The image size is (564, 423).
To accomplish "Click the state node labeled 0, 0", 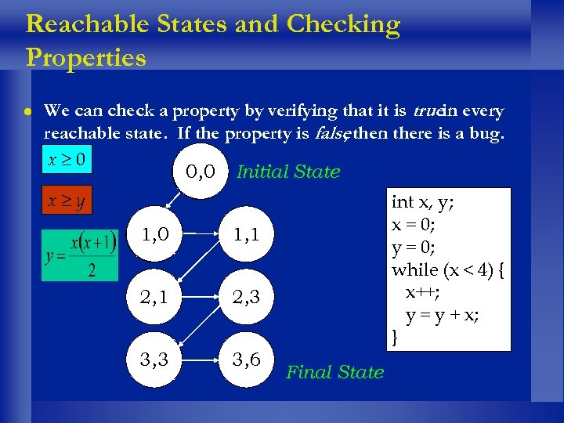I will click(x=200, y=172).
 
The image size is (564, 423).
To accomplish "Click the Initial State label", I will click(x=287, y=172).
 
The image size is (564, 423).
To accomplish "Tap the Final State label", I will click(x=335, y=372).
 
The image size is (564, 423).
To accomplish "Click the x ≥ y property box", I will click(x=67, y=201).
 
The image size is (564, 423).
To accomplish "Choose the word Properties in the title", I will click(x=86, y=58).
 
